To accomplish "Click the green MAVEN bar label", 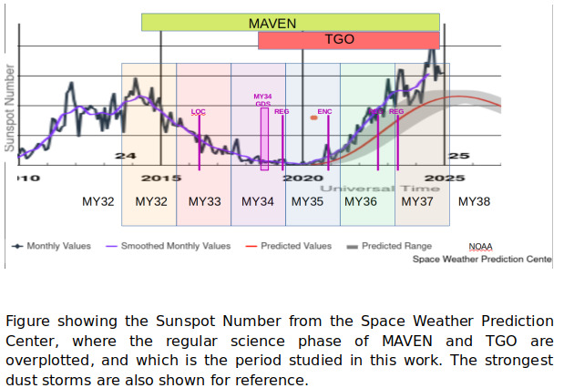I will coord(272,23).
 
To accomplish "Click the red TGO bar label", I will coord(340,40).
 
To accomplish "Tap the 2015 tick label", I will coord(161,178).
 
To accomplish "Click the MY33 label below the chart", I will coord(205,201).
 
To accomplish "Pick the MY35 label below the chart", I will coord(307,201).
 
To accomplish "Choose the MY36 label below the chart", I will coord(360,201).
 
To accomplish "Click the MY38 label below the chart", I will coord(474,201).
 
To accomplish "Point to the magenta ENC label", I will coord(324,111).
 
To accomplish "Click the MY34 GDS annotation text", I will coord(262,99).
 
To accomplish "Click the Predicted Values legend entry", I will coord(296,246).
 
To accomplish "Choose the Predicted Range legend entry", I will coord(396,246).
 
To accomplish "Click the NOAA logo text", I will coord(480,247).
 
